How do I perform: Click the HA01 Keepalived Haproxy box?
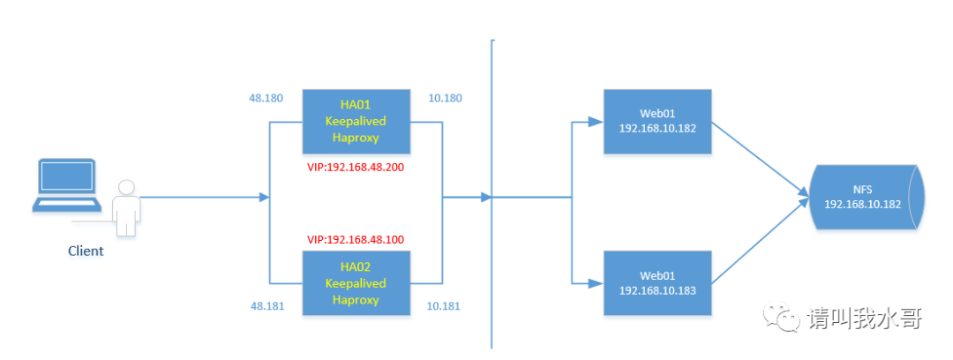click(356, 121)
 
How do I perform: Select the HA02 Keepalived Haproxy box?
click(356, 282)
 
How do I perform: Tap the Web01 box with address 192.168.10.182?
click(657, 121)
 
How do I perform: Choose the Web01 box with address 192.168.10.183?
click(657, 282)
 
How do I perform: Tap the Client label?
click(86, 251)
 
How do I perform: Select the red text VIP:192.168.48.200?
click(356, 166)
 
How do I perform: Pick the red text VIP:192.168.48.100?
click(356, 239)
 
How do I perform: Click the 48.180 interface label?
click(266, 98)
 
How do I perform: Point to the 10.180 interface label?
click(445, 98)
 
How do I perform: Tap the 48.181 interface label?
click(266, 305)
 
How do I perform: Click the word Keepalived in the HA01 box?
click(356, 121)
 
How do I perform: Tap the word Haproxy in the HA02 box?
click(356, 299)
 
